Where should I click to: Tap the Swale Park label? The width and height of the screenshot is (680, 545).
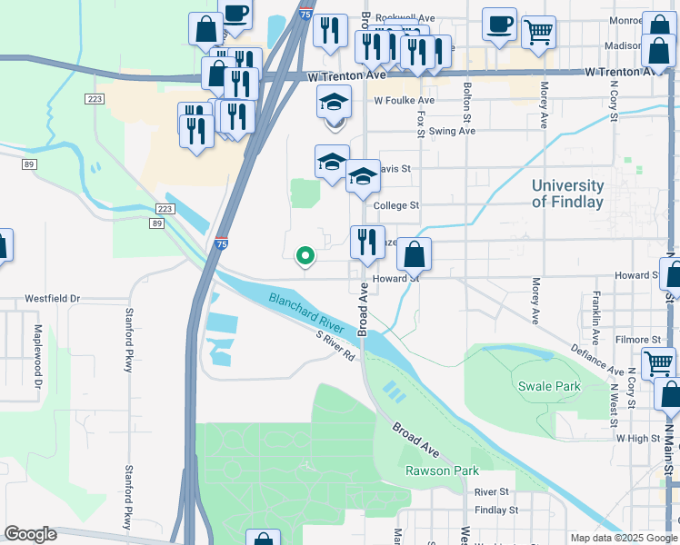[x=549, y=386]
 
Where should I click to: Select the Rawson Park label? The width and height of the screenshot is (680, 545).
[x=442, y=471]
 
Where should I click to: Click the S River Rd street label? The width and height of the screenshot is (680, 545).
[x=335, y=347]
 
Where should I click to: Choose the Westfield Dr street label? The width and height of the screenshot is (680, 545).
[x=53, y=298]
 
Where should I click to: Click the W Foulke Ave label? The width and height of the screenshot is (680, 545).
[x=404, y=101]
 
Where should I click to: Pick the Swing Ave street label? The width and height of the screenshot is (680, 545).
[x=453, y=131]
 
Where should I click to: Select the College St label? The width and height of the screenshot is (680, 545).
[x=395, y=206]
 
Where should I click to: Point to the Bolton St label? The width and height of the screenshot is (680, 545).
[x=467, y=103]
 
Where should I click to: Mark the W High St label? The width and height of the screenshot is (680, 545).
[x=636, y=438]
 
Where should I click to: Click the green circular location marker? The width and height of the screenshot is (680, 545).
[x=306, y=255]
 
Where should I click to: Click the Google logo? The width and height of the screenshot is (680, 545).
[x=30, y=534]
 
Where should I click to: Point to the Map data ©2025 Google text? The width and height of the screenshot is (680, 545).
[x=623, y=538]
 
